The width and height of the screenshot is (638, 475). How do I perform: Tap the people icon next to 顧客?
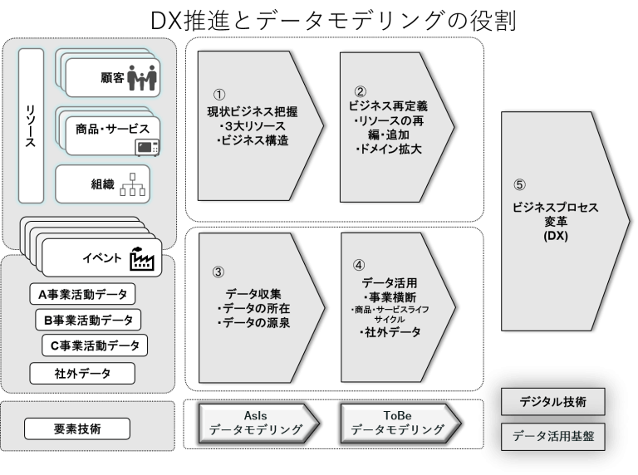(x=141, y=77)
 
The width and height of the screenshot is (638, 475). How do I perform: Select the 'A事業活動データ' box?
(x=82, y=295)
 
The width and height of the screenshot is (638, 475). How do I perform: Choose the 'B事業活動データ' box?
(x=88, y=320)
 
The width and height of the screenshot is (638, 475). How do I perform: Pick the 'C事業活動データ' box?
(x=94, y=345)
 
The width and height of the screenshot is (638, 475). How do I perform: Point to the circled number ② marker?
(x=360, y=91)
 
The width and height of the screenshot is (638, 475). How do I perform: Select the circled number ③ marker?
(x=218, y=272)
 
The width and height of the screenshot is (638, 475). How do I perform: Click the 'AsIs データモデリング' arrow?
(x=256, y=422)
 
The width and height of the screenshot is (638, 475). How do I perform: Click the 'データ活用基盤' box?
(x=552, y=435)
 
